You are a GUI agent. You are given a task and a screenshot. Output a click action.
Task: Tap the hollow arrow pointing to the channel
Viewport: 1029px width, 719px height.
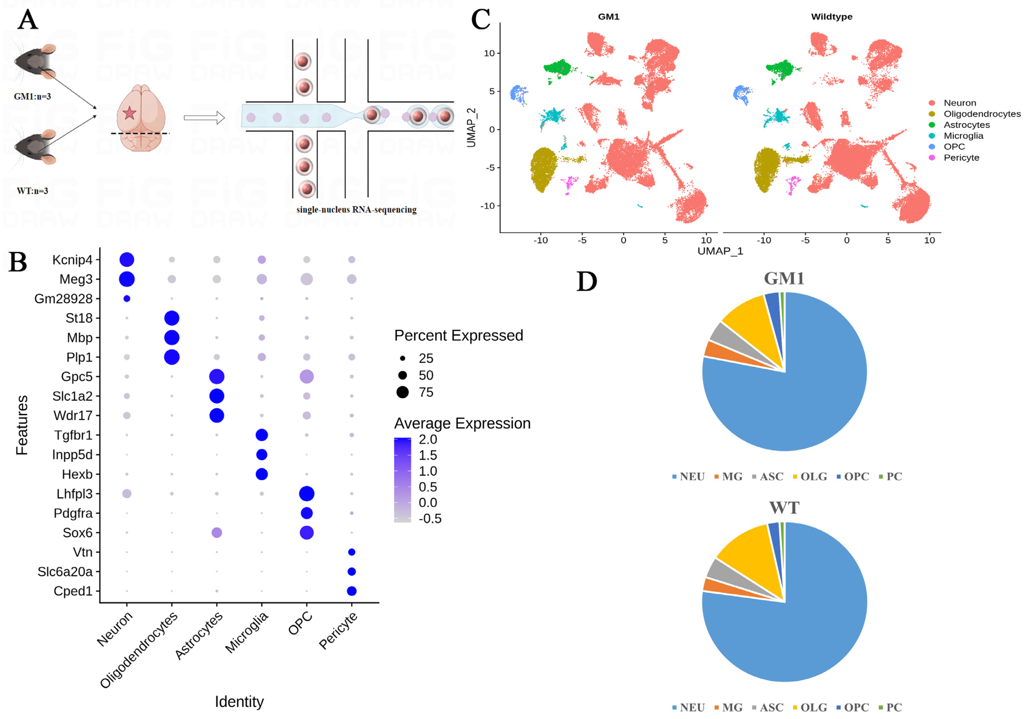(x=204, y=118)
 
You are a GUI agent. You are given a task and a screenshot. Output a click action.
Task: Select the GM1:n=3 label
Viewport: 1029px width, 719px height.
(x=32, y=96)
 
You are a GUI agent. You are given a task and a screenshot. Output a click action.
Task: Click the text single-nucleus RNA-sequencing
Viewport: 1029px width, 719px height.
(x=356, y=210)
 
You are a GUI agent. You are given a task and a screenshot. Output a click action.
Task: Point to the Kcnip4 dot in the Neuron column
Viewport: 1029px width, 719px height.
(x=127, y=260)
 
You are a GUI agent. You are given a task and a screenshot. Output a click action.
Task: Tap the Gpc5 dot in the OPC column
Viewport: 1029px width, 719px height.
(x=307, y=377)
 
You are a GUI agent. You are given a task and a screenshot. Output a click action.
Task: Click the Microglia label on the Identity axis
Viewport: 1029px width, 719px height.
(x=247, y=632)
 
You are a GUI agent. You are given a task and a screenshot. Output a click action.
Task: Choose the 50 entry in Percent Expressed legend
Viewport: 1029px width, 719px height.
(x=426, y=375)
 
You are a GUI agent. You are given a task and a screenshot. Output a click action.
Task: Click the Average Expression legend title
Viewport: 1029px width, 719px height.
(x=462, y=423)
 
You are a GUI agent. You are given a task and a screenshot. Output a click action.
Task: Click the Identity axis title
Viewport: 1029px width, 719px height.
(x=239, y=702)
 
